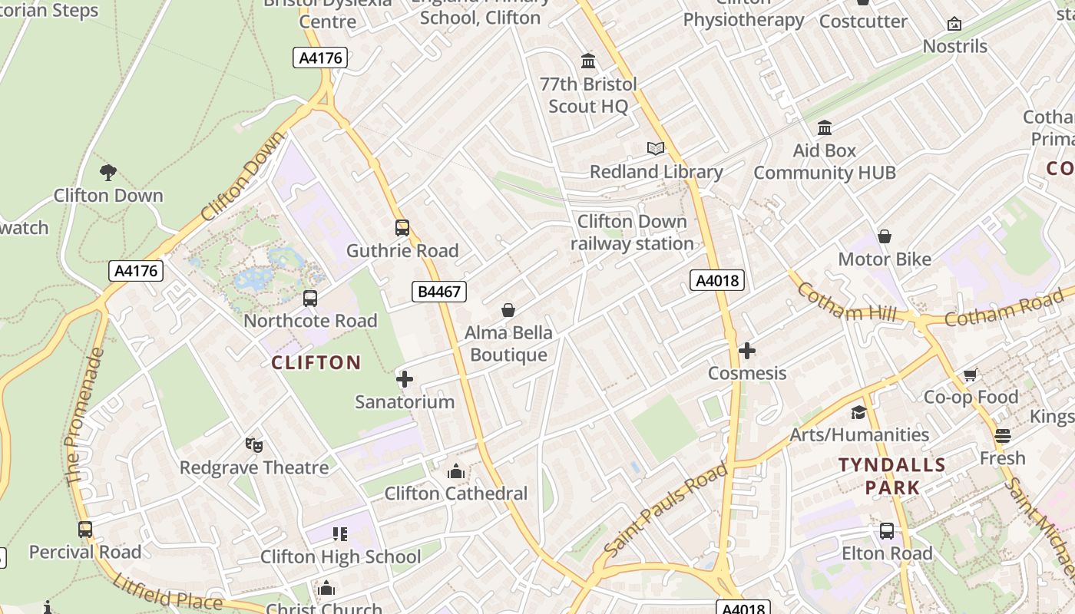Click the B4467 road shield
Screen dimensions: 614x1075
point(439,292)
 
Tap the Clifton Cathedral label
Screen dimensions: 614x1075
point(456,493)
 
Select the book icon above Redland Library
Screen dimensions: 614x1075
point(656,148)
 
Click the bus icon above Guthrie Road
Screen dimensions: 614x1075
point(402,227)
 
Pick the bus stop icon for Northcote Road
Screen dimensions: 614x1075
point(310,298)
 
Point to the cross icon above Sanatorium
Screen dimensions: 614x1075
point(405,378)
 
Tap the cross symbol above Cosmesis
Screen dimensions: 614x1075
point(747,351)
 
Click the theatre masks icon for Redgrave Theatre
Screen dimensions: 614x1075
point(254,444)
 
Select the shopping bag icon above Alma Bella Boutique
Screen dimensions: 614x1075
point(508,310)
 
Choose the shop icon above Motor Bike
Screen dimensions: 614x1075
point(885,236)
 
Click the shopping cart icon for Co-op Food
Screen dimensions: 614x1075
point(971,375)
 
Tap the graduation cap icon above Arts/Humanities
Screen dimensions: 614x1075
point(858,412)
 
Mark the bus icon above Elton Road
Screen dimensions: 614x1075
point(887,530)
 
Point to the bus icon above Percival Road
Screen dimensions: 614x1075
point(85,529)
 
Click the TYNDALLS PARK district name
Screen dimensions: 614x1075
point(892,476)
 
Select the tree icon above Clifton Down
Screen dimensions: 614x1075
point(108,173)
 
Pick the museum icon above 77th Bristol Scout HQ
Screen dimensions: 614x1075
point(589,61)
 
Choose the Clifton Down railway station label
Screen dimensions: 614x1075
point(632,233)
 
